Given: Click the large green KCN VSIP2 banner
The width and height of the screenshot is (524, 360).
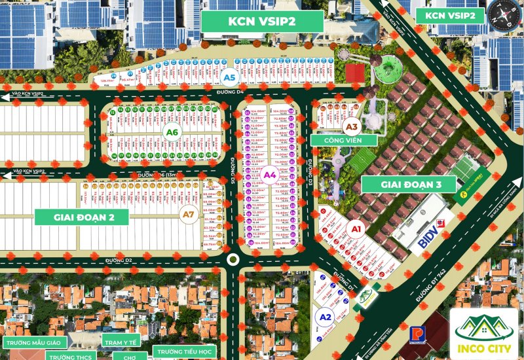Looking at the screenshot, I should pos(262,21).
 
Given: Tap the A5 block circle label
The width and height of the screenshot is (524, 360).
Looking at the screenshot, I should pos(229,78).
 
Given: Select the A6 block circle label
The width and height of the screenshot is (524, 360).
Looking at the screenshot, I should pos(172,133).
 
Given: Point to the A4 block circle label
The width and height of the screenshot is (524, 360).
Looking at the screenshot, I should pos(270,175).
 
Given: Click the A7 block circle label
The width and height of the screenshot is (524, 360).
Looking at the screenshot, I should pos(188,214).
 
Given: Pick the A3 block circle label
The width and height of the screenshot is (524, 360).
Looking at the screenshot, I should pos(352,127).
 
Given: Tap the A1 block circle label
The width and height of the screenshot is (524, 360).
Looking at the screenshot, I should pos(357,229).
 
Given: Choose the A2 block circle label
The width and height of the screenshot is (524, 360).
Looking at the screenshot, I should pos(324,317).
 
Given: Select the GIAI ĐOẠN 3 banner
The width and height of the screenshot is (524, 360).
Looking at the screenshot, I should pos(409,185).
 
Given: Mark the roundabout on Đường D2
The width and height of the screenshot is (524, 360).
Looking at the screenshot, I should pos(232,260).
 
